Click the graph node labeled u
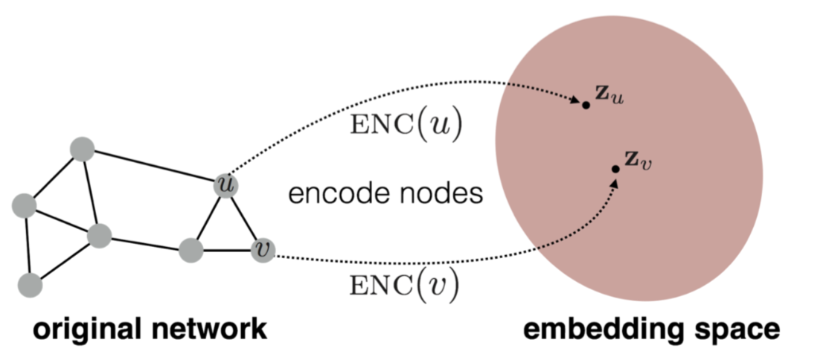click(225, 185)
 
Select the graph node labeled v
click(263, 251)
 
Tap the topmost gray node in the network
click(81, 150)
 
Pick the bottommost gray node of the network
click(30, 283)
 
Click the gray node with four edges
click(98, 237)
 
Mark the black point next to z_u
click(586, 105)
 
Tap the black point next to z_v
click(615, 170)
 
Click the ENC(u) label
click(406, 126)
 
